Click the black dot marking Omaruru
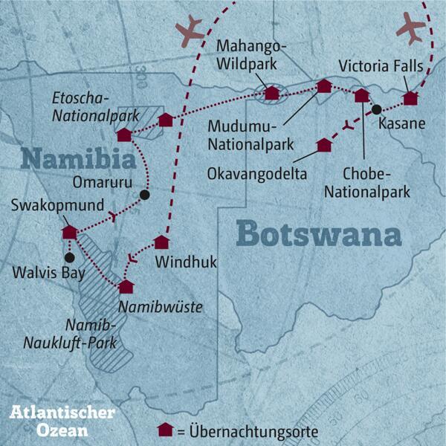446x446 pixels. (145, 195)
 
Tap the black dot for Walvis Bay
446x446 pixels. (70, 257)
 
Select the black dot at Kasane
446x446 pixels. (378, 109)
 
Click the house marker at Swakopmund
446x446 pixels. (69, 232)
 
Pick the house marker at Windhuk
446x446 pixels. (161, 242)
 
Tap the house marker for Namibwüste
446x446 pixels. (126, 286)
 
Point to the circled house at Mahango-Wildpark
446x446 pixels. (272, 93)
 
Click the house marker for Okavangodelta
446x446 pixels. (323, 144)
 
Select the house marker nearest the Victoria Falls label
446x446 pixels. (410, 97)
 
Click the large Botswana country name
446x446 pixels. (318, 233)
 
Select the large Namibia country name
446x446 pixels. (78, 159)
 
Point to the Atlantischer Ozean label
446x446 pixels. (63, 421)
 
